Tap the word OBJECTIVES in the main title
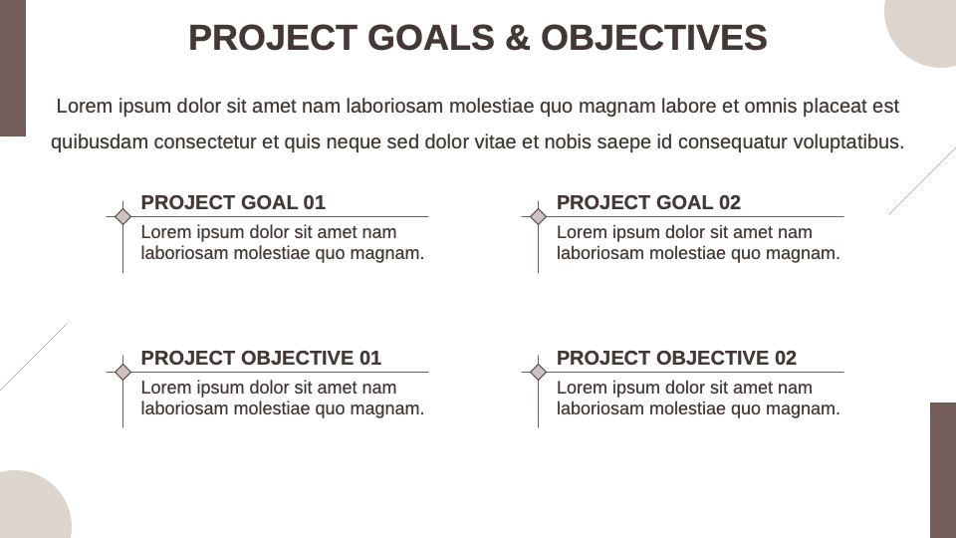tap(654, 38)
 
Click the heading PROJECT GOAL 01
tap(233, 202)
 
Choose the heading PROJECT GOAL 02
tap(648, 202)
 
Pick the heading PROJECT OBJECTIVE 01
tap(261, 358)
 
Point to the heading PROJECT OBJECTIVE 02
tap(676, 358)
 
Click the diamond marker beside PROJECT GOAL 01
tap(122, 216)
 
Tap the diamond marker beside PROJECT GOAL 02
tap(538, 216)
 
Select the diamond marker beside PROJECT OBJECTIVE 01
tap(122, 372)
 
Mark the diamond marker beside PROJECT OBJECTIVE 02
tap(538, 372)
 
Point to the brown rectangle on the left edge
tap(12, 68)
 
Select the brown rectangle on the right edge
tap(942, 470)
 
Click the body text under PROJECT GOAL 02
tap(697, 242)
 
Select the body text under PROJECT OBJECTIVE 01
tap(282, 398)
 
